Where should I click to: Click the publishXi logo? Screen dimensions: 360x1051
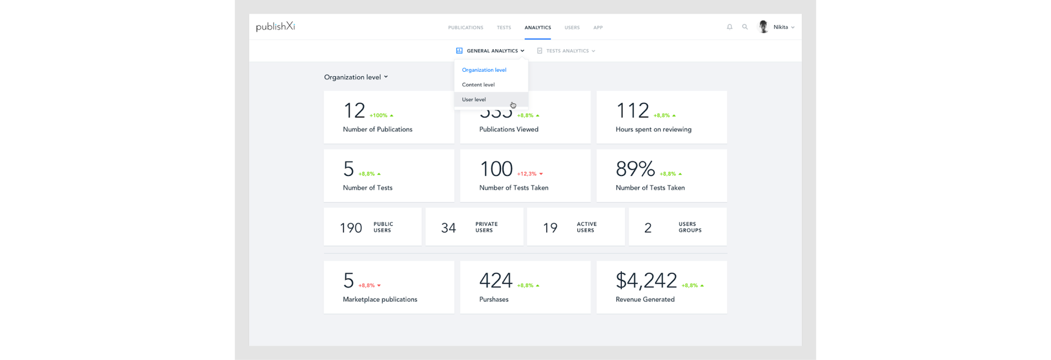click(x=275, y=27)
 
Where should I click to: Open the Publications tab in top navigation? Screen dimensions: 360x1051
click(x=466, y=28)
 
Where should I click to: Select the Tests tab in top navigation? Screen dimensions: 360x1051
click(x=504, y=28)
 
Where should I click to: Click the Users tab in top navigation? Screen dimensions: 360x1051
click(x=572, y=28)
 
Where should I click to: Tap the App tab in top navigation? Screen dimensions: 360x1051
click(x=598, y=28)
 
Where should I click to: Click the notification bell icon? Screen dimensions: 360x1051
click(x=730, y=27)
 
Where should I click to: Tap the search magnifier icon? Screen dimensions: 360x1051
click(x=745, y=27)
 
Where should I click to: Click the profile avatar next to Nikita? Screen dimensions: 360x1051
click(x=763, y=27)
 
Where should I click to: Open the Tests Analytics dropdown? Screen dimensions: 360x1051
click(x=567, y=51)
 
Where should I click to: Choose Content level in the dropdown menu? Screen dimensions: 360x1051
click(x=478, y=84)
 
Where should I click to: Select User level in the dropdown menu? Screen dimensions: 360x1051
click(x=474, y=99)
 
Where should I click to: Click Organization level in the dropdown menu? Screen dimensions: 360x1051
click(x=484, y=70)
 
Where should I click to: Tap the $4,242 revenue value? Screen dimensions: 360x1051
click(x=646, y=280)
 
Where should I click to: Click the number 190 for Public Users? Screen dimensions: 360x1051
click(x=351, y=227)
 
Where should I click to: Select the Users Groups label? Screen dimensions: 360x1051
click(x=690, y=227)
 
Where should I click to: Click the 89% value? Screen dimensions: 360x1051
click(x=635, y=169)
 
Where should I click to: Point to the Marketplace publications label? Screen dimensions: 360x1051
click(x=380, y=299)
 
